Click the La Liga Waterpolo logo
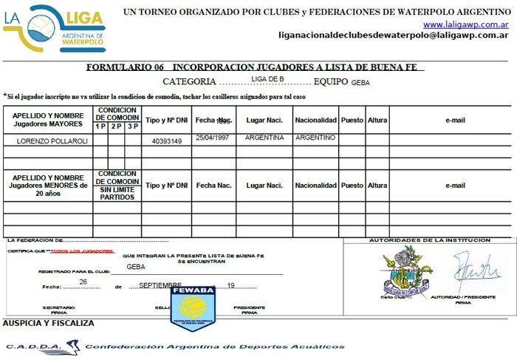tap(55, 27)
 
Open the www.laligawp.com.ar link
tap(465, 24)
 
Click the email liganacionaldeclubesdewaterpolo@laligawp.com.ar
tap(393, 35)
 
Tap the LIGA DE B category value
tap(267, 78)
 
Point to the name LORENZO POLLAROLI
tap(49, 140)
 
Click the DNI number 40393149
tap(167, 140)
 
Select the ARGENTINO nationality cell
tap(315, 137)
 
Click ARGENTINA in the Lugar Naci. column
tap(264, 137)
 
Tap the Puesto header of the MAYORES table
tap(352, 120)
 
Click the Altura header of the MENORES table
tap(377, 186)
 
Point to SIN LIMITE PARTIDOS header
tap(117, 194)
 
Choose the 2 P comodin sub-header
tap(117, 126)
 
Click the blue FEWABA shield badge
tap(193, 308)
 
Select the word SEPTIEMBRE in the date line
tap(160, 285)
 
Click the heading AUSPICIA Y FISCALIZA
tap(49, 323)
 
